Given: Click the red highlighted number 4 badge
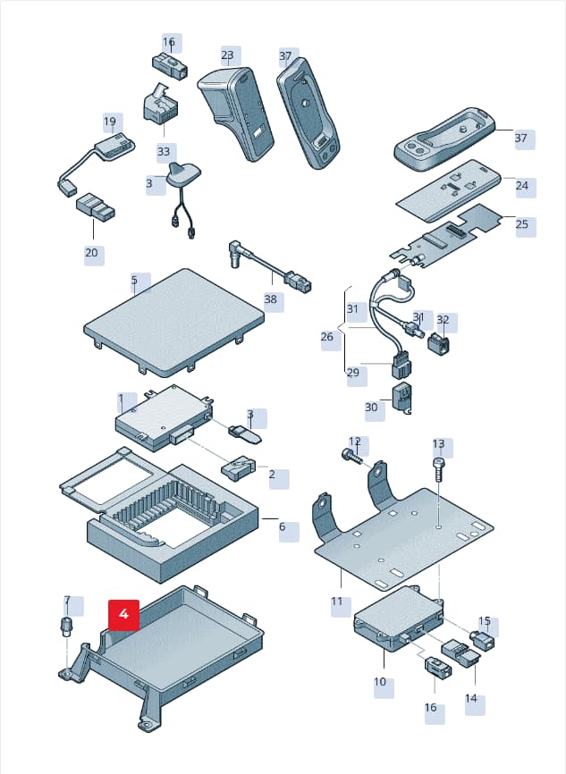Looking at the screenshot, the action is [124, 615].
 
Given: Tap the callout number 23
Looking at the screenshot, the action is [227, 55].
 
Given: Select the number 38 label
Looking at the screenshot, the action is [271, 299].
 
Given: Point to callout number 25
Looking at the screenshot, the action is [522, 224].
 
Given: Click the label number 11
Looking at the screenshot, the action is [337, 602].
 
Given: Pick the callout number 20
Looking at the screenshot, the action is [91, 253].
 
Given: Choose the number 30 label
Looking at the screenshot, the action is [371, 408].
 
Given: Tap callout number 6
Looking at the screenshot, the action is [282, 526].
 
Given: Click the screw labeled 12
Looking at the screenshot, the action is [351, 456].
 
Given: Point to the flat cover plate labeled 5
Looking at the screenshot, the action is [173, 320].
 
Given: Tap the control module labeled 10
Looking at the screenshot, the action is [399, 619].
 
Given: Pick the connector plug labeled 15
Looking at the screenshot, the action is [483, 639].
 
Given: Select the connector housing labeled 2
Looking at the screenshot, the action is [238, 467].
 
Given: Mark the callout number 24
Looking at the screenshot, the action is [522, 186].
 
